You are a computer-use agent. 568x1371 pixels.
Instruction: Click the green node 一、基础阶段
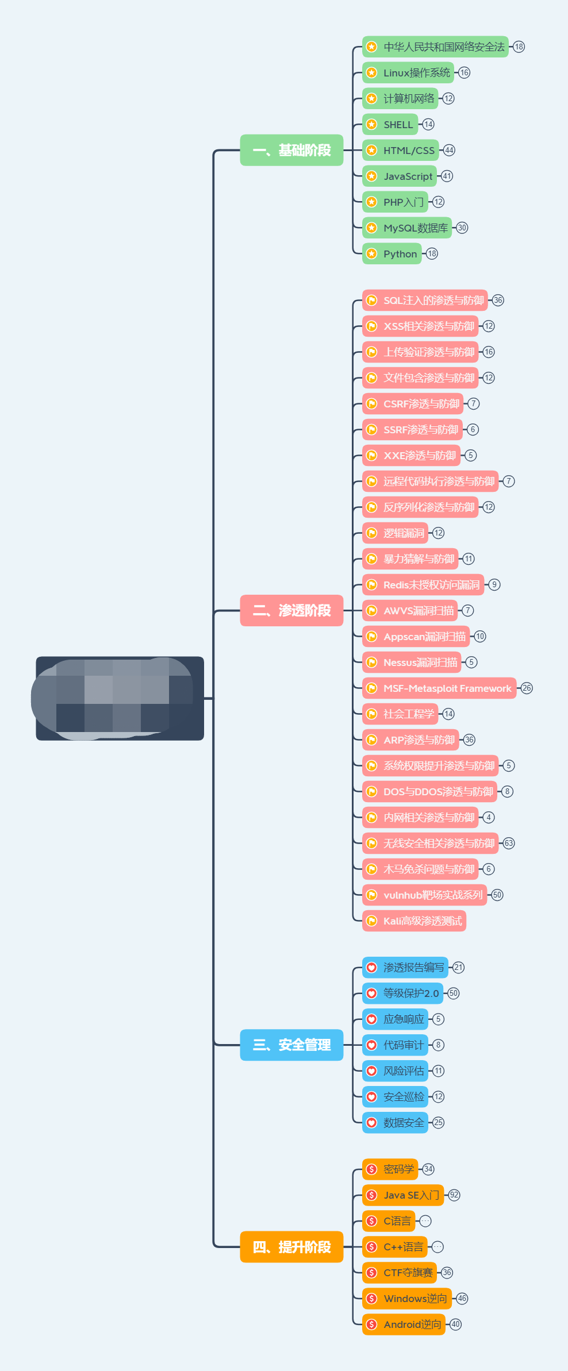(x=291, y=150)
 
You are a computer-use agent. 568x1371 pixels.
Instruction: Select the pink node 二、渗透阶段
(x=291, y=610)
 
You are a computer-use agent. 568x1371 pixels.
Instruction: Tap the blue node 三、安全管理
(x=291, y=1045)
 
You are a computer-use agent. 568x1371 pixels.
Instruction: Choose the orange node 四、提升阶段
(x=291, y=1247)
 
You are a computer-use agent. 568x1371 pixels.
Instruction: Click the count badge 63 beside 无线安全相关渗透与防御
(x=509, y=843)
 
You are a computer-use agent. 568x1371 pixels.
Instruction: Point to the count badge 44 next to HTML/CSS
(x=449, y=151)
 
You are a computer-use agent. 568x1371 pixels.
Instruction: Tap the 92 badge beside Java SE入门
(x=454, y=1195)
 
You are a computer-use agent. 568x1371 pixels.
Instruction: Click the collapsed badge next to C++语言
(x=437, y=1247)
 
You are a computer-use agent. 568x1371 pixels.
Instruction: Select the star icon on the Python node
(x=372, y=254)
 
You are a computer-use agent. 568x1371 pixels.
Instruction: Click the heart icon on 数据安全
(x=372, y=1123)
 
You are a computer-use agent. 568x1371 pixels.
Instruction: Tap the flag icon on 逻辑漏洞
(x=372, y=533)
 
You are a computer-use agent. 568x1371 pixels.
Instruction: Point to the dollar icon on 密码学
(x=372, y=1169)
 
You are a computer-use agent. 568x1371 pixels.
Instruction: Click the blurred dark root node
(x=120, y=698)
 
